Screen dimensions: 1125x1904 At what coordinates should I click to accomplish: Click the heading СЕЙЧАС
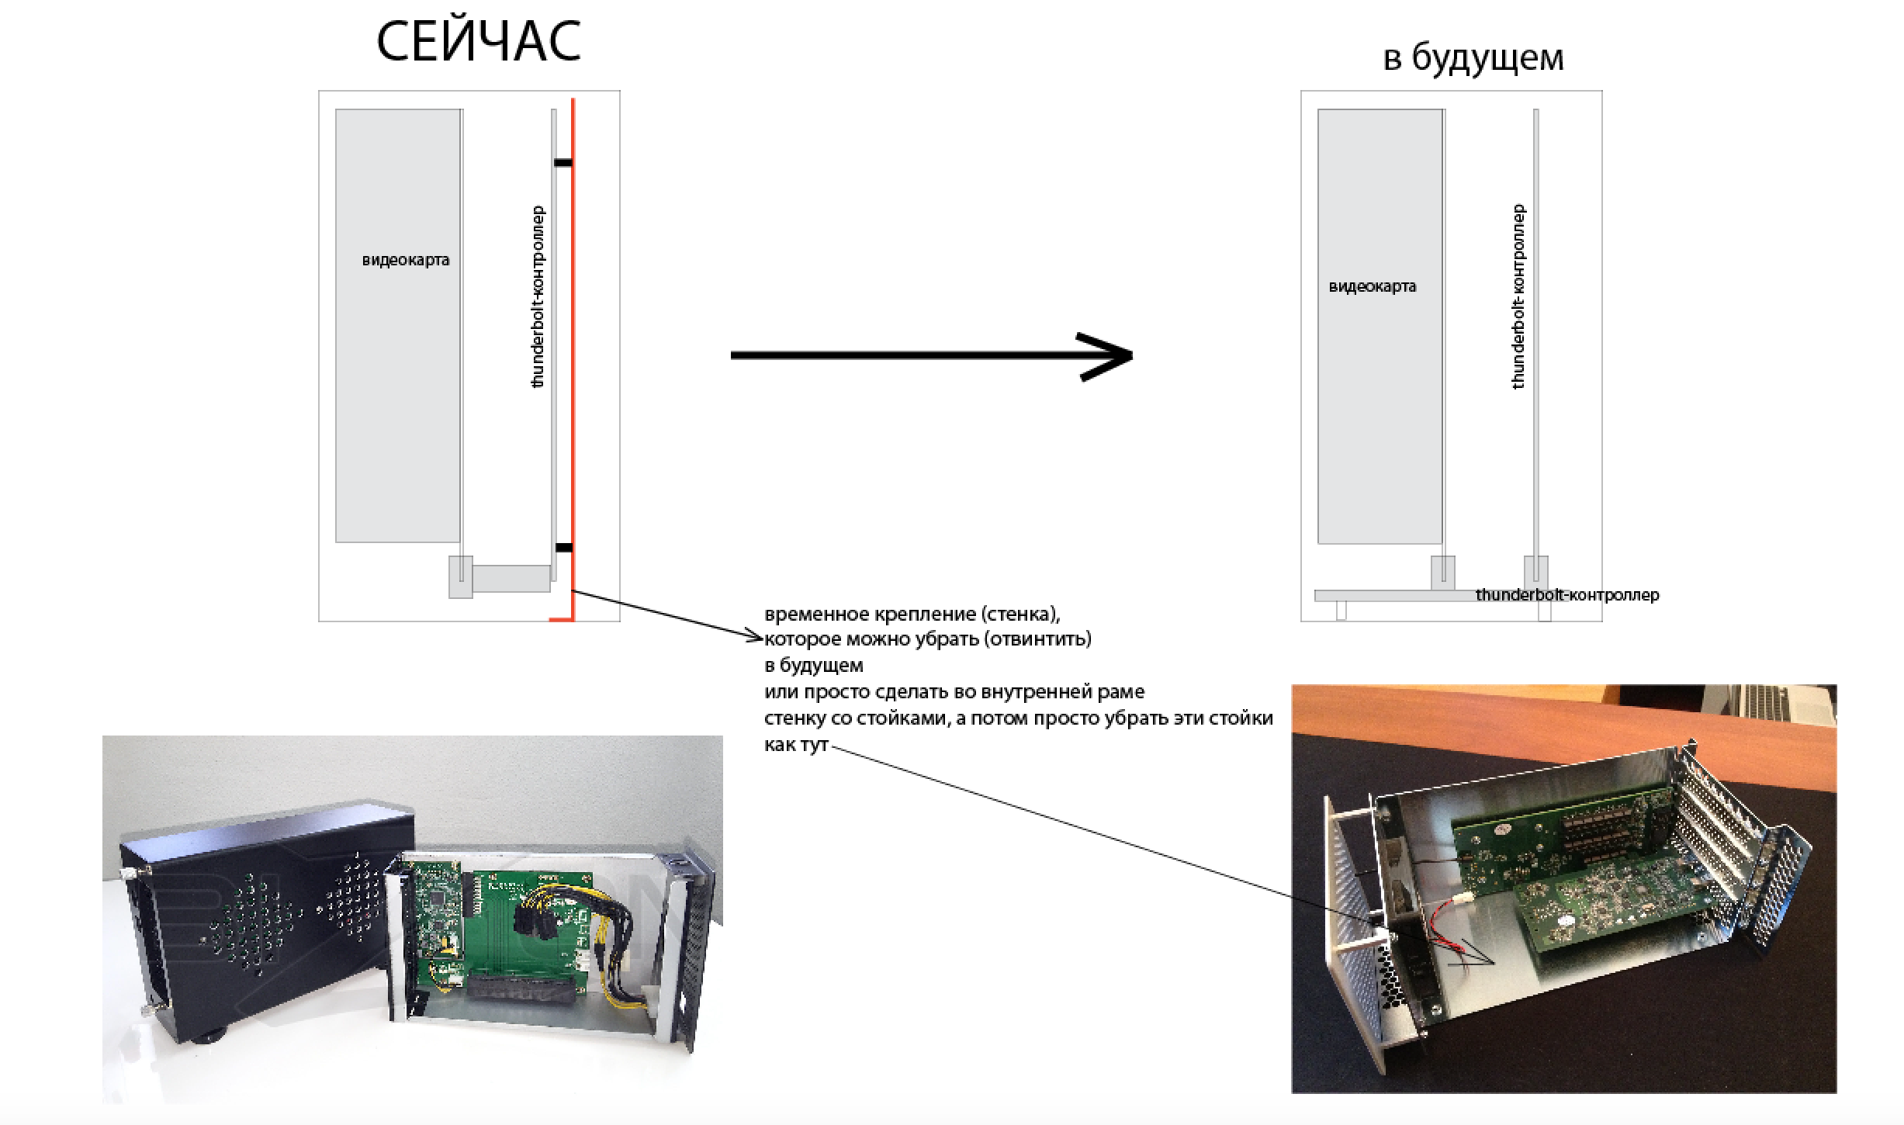coord(479,42)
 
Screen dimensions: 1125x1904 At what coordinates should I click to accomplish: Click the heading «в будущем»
coord(1473,57)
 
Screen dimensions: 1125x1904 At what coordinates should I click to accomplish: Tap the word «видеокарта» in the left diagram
coord(406,260)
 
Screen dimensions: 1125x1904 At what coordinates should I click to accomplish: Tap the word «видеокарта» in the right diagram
coord(1373,286)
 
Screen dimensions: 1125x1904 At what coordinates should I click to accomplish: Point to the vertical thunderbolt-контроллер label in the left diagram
coord(538,296)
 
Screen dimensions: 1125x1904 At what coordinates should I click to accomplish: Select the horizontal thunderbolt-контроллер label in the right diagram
coord(1567,595)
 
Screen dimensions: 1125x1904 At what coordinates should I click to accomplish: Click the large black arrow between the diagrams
coord(931,355)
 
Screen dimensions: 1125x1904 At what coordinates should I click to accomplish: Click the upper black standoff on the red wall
coord(563,163)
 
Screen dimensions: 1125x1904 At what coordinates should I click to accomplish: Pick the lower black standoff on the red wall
coord(563,548)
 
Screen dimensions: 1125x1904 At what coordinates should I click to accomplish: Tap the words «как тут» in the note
coord(796,745)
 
